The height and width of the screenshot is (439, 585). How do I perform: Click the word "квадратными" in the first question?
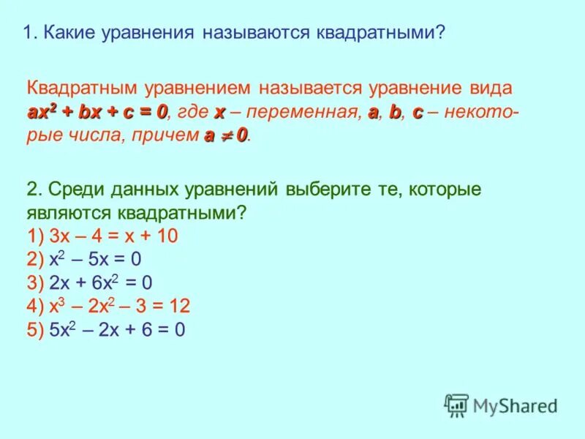coord(378,33)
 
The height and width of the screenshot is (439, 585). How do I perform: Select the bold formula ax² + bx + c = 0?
coord(97,112)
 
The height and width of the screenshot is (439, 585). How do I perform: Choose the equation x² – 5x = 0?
coord(95,260)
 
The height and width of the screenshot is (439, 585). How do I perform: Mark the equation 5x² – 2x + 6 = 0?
coord(117,330)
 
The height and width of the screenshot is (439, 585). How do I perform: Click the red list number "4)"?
coord(36,306)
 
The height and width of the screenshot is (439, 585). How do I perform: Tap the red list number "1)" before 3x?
coord(36,236)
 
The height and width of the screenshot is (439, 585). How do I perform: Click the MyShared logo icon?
coord(456,405)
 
